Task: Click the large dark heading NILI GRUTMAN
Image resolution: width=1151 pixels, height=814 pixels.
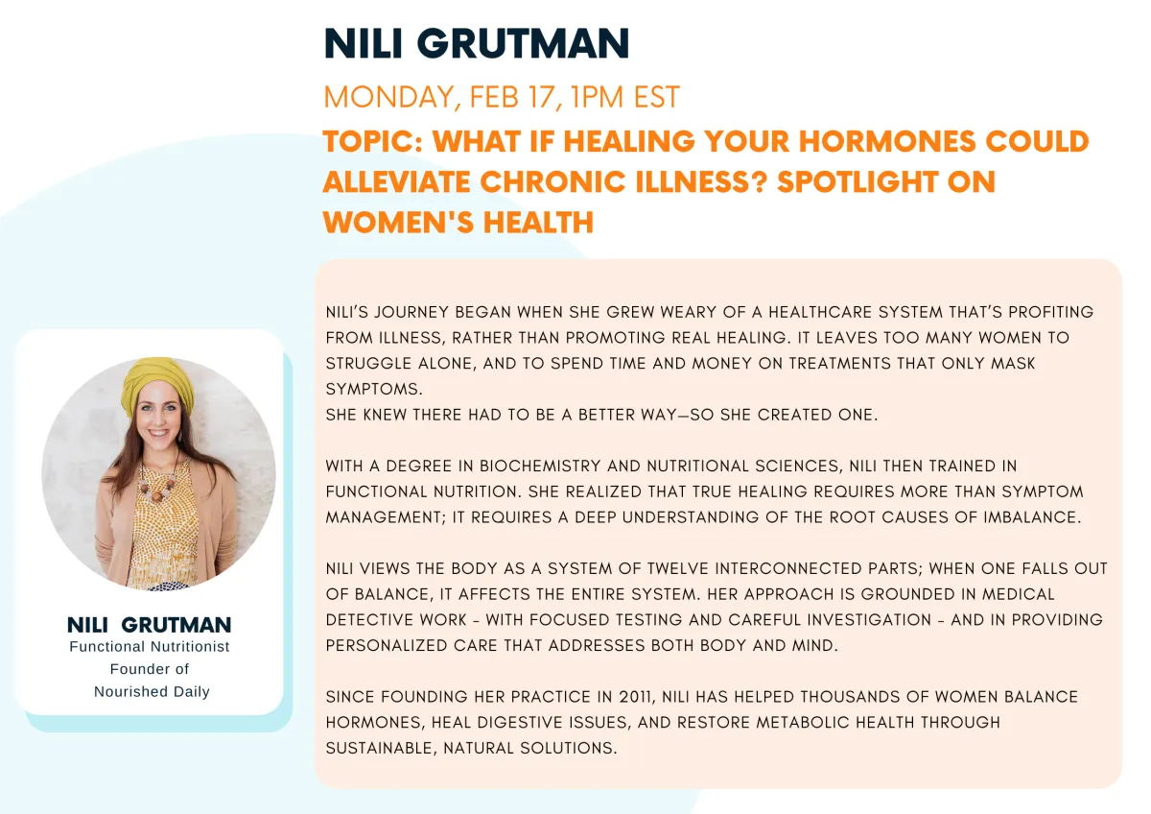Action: (x=477, y=44)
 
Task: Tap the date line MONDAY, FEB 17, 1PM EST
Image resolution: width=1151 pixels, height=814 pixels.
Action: (x=502, y=97)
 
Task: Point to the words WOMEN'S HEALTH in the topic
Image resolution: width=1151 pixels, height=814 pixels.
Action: (x=458, y=222)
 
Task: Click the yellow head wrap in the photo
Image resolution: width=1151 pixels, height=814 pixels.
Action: (x=157, y=383)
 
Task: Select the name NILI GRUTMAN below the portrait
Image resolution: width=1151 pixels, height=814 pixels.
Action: (x=149, y=625)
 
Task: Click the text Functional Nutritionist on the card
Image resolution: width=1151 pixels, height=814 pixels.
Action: (x=150, y=646)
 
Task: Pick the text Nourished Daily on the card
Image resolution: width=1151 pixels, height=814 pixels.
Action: (x=152, y=692)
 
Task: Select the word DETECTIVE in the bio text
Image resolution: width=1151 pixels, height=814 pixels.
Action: (x=369, y=620)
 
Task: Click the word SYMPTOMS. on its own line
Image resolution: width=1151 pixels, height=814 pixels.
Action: (x=374, y=390)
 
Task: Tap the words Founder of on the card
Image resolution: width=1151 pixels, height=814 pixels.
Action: (x=150, y=669)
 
